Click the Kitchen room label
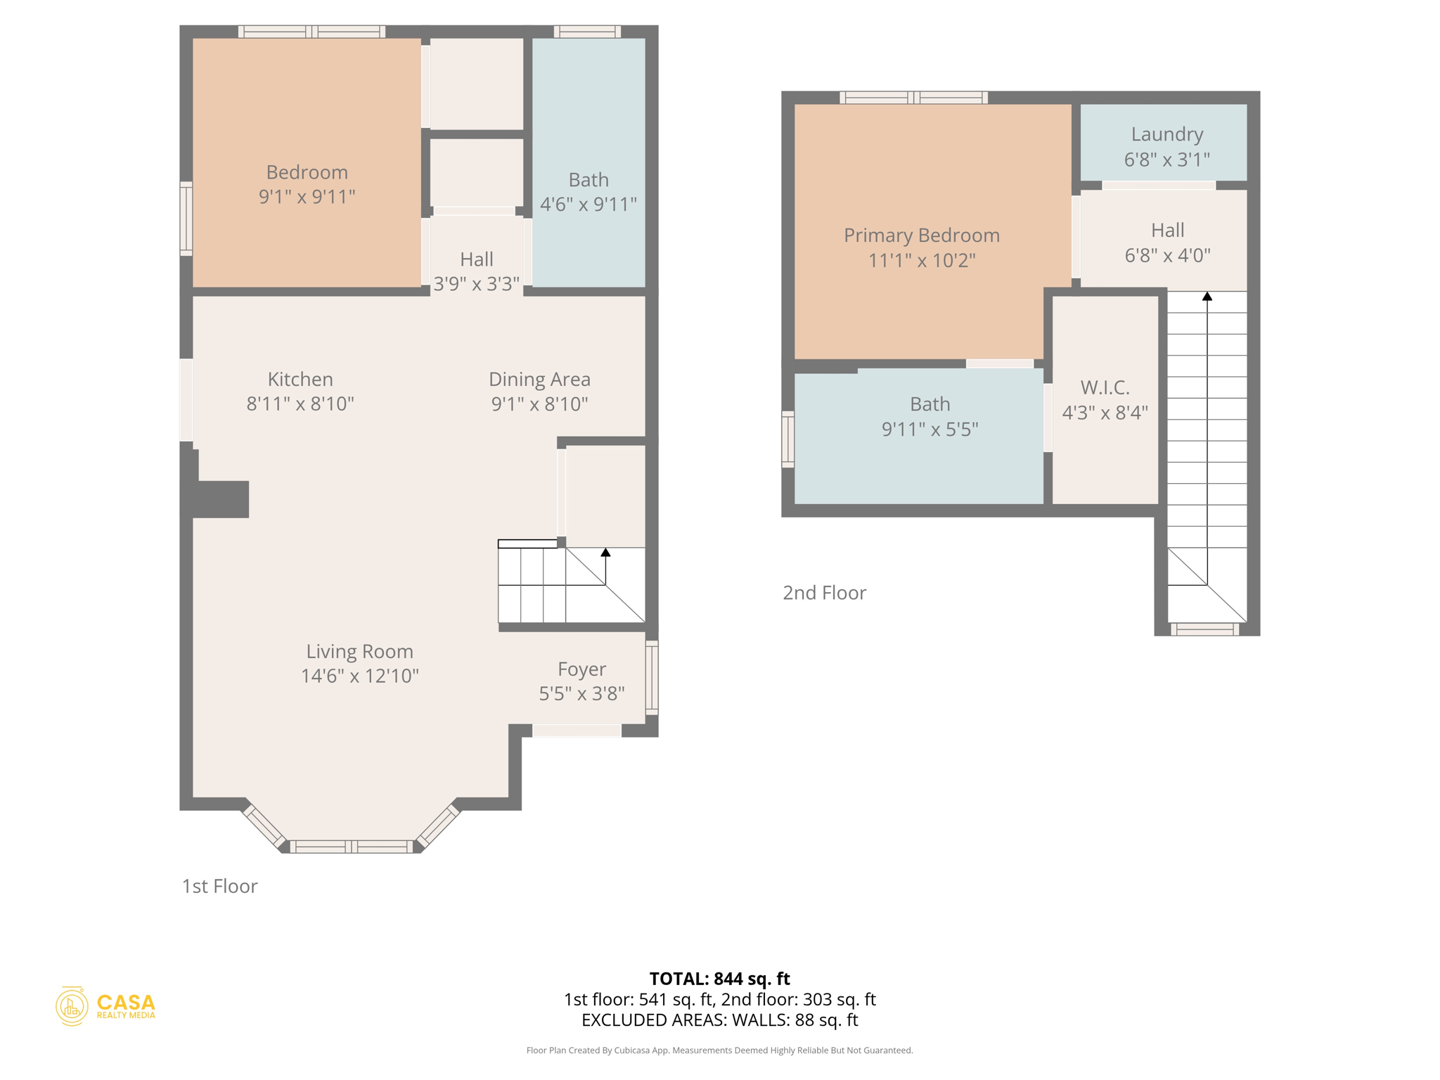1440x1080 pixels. (x=300, y=380)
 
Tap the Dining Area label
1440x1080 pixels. (x=539, y=380)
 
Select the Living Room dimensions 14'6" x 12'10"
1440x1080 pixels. (x=360, y=676)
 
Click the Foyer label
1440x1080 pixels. (x=581, y=669)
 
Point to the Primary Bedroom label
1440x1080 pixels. (x=921, y=236)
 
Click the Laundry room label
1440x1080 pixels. (x=1166, y=134)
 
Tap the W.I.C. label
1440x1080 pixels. (x=1105, y=387)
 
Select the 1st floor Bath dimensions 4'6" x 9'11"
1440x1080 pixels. (x=589, y=205)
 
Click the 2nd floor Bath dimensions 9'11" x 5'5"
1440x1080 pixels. (x=930, y=430)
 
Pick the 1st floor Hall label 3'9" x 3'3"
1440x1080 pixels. (x=476, y=271)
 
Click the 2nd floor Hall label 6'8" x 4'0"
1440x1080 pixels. (x=1167, y=243)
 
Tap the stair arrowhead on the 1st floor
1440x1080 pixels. (x=605, y=553)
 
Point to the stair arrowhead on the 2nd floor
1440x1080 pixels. (x=1207, y=297)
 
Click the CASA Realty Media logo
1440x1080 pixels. (x=105, y=1006)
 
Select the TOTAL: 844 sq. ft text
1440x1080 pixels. (x=719, y=979)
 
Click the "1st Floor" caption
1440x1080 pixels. (x=219, y=887)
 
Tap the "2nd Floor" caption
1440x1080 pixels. (x=824, y=593)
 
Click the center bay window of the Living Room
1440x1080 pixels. (x=352, y=847)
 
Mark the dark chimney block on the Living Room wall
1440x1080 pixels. (x=220, y=499)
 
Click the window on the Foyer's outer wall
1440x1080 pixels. (x=652, y=677)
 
